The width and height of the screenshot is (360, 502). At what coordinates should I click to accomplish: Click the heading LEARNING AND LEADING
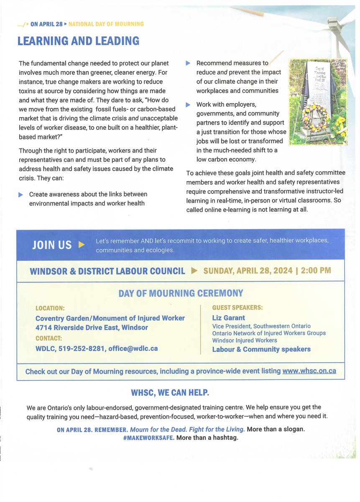tap(78, 41)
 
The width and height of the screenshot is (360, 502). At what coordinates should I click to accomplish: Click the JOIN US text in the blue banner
tap(52, 245)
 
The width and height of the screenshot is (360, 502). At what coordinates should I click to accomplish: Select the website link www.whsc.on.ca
tap(309, 371)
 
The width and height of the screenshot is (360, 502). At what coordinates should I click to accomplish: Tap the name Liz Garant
tap(229, 318)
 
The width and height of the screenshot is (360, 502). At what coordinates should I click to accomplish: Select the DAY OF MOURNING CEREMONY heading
tap(181, 293)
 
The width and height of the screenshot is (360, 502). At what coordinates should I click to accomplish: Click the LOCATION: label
tap(50, 308)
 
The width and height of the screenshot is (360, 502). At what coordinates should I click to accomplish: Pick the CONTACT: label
tap(49, 338)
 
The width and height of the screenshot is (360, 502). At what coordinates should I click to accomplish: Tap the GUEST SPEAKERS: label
tap(237, 307)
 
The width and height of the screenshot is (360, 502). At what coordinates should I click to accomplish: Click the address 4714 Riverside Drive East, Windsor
tap(92, 328)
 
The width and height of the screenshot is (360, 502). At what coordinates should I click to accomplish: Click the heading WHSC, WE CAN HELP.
tap(170, 393)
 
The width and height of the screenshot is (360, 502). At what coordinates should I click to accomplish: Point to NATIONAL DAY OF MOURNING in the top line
tap(106, 24)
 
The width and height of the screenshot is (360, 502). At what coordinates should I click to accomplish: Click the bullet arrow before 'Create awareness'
tap(21, 195)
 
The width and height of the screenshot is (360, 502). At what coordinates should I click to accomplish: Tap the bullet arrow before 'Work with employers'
tap(188, 105)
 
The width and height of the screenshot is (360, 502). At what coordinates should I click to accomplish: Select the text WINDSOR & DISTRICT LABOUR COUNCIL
tap(107, 271)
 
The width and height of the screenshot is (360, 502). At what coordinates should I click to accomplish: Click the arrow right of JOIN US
tap(82, 245)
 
